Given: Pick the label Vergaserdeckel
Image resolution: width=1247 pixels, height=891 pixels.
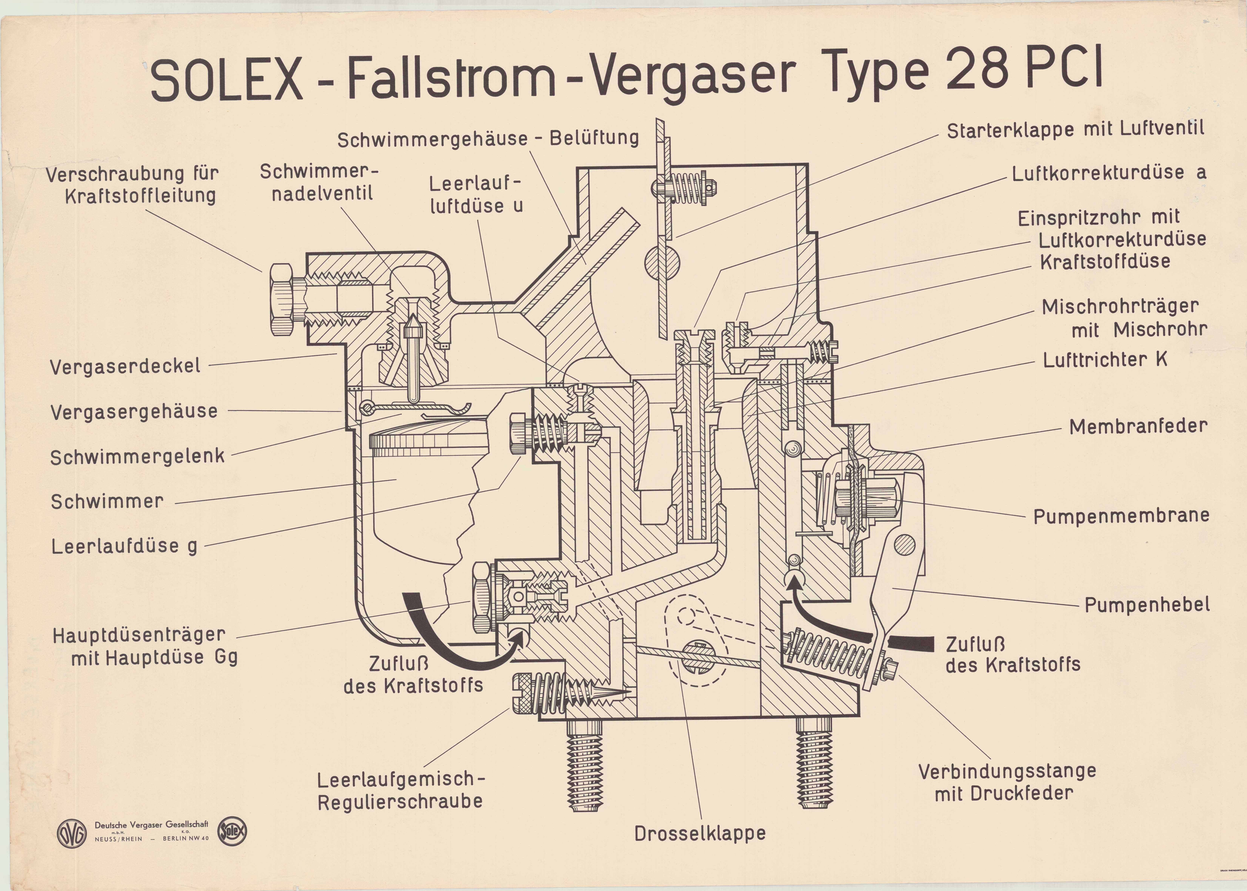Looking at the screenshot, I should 125,366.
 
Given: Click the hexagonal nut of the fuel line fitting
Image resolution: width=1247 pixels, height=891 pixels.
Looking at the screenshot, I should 282,299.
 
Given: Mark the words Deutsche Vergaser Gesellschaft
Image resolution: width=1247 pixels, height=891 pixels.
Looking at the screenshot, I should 152,825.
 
